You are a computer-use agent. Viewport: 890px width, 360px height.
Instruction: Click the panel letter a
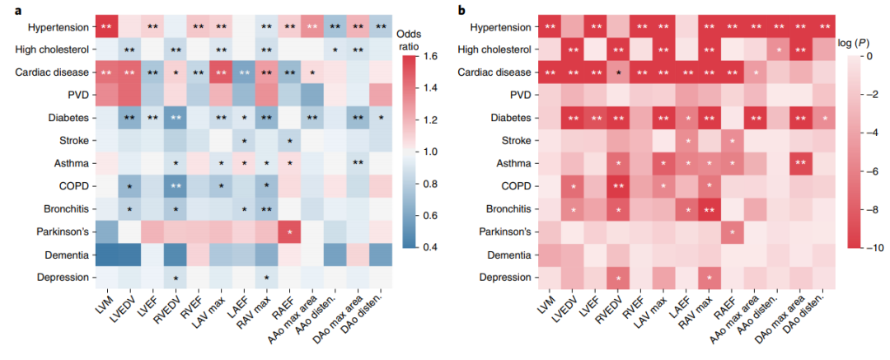pyautogui.click(x=7, y=9)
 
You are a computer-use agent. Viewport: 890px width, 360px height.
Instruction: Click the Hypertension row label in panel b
pyautogui.click(x=496, y=27)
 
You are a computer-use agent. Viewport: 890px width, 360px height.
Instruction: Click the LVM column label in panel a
pyautogui.click(x=101, y=306)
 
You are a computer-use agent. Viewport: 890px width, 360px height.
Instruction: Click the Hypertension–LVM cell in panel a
pyautogui.click(x=107, y=27)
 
